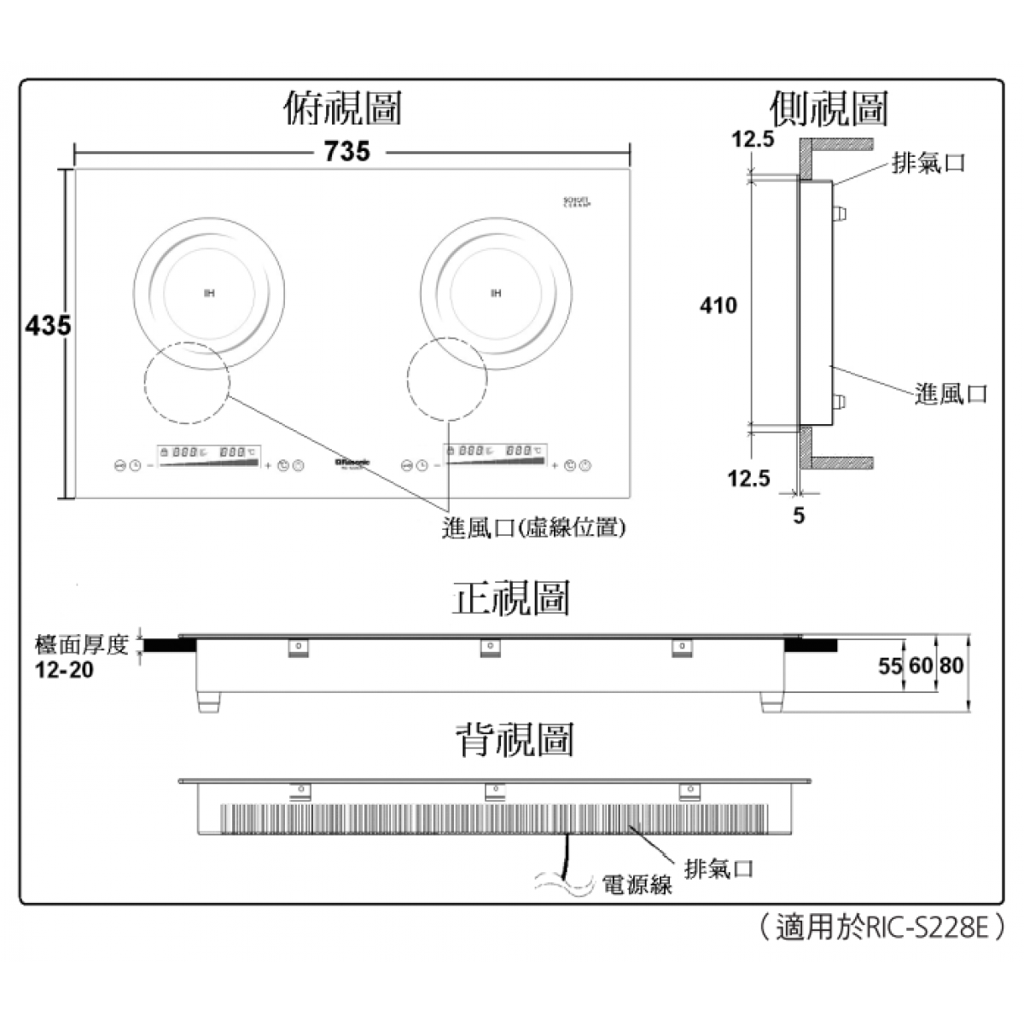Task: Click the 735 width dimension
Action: (x=347, y=151)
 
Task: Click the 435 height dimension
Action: (x=48, y=326)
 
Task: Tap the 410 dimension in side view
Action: (x=718, y=305)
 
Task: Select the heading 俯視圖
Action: (x=342, y=108)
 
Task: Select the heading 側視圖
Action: (x=828, y=108)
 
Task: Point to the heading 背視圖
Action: (x=513, y=739)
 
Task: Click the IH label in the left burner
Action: (x=209, y=294)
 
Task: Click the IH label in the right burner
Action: (x=496, y=294)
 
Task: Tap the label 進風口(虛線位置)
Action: (x=535, y=528)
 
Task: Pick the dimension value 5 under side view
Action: (x=799, y=515)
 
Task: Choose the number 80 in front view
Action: (x=951, y=665)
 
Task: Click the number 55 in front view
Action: (x=890, y=665)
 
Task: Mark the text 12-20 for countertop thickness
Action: (x=65, y=670)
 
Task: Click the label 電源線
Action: (x=637, y=885)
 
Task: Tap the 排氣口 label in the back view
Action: (x=719, y=869)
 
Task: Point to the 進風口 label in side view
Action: (x=951, y=393)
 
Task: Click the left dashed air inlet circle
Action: (x=187, y=383)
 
